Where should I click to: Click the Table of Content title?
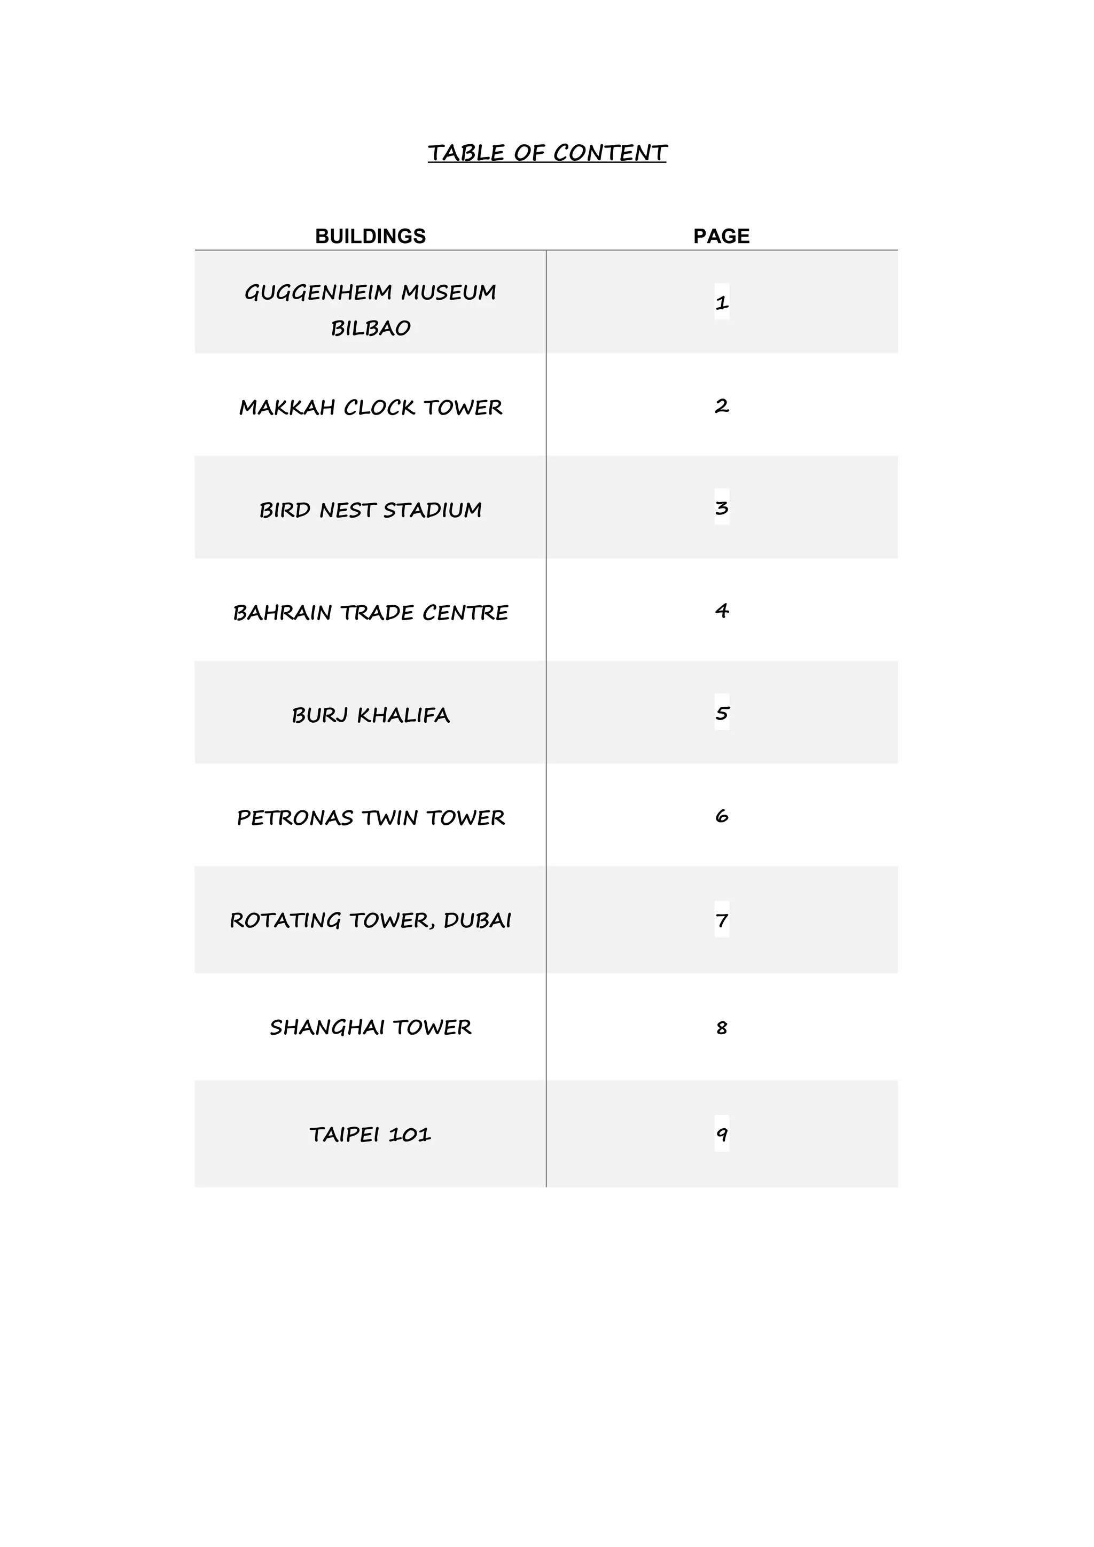(546, 153)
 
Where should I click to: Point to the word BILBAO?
(371, 328)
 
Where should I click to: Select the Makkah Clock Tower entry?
(371, 408)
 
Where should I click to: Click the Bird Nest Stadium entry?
(371, 510)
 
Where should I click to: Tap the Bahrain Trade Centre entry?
(371, 613)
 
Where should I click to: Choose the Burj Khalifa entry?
(371, 715)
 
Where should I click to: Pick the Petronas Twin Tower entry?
(371, 817)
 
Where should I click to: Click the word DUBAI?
(477, 920)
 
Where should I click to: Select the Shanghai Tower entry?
(371, 1028)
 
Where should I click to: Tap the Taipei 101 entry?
(371, 1135)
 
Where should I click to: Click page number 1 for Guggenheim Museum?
(722, 302)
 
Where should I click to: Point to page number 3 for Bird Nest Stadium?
(722, 507)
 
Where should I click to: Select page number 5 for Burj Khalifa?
(722, 713)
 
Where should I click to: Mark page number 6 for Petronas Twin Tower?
(722, 816)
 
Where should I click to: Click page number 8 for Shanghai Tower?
(722, 1028)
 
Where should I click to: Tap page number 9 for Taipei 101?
(722, 1135)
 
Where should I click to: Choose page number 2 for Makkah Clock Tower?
(722, 405)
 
